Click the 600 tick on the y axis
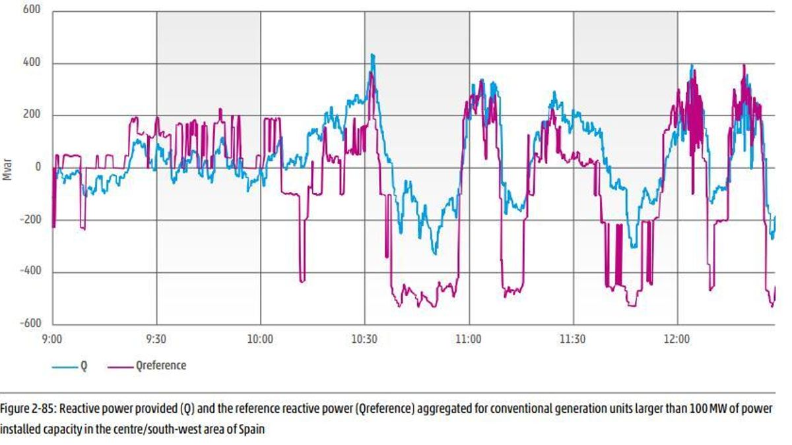tap(32, 11)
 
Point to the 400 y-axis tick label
tap(32, 63)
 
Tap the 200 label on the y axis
tap(32, 115)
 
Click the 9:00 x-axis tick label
tap(51, 339)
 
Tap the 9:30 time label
tap(156, 339)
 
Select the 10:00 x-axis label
tap(260, 339)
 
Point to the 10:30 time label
tap(364, 339)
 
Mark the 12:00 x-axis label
tap(676, 339)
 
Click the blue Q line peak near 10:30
tap(372, 55)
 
